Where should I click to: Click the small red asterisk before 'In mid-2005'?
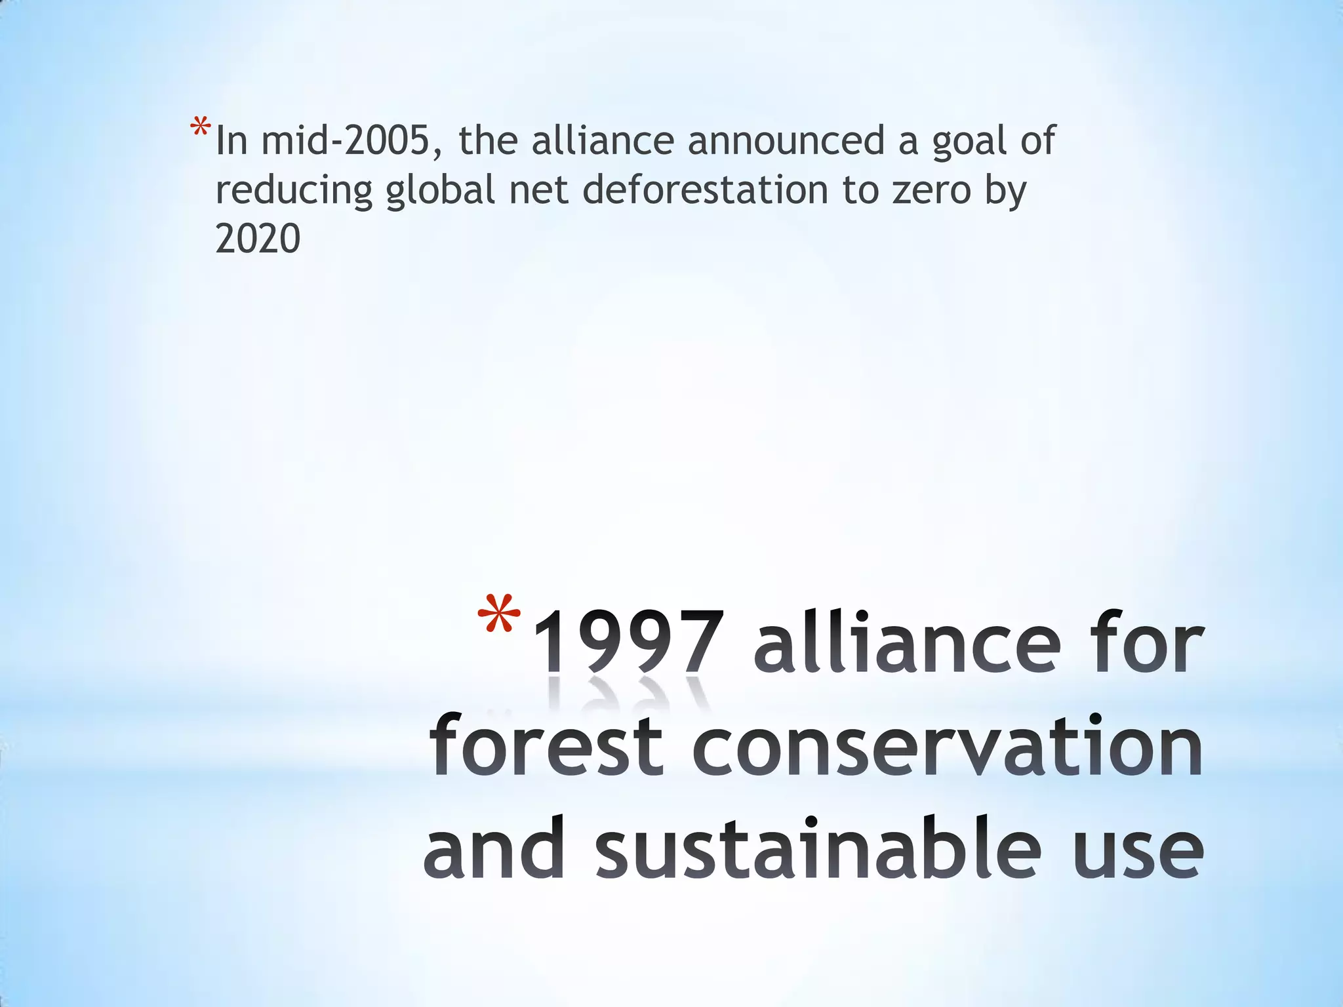point(200,127)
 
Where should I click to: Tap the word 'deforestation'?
point(705,190)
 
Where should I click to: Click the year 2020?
point(258,239)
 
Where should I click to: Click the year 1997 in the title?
point(629,642)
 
